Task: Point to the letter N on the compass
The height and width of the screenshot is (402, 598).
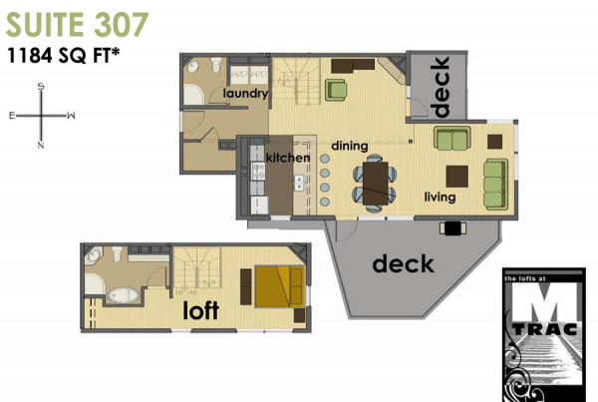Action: click(x=41, y=146)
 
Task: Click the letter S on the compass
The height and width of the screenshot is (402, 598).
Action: click(x=41, y=87)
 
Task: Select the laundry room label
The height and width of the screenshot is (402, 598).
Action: click(x=245, y=94)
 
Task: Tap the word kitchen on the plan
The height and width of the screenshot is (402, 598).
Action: click(x=288, y=158)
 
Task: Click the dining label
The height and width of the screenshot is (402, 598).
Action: click(x=350, y=146)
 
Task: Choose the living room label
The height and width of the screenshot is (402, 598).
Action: click(x=439, y=198)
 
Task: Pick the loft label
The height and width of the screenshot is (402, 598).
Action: click(x=202, y=311)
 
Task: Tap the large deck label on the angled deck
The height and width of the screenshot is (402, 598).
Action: click(x=403, y=264)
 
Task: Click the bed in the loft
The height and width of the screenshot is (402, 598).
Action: click(x=278, y=286)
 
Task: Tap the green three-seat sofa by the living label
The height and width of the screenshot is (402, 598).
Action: click(x=494, y=179)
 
